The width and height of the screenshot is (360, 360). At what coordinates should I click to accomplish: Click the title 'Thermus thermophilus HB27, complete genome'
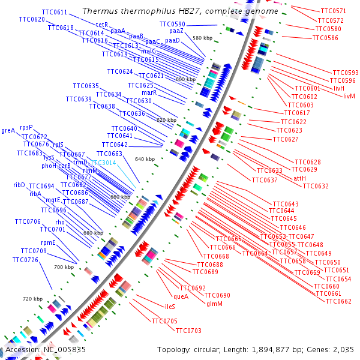(179, 11)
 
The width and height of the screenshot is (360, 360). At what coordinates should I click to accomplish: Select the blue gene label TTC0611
(55, 12)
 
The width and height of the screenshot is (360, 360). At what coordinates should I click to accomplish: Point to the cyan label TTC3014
(103, 163)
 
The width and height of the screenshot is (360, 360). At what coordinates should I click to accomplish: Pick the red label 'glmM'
(214, 304)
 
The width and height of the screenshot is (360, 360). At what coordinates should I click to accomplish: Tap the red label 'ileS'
(170, 307)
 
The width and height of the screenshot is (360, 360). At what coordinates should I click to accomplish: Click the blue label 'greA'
(8, 130)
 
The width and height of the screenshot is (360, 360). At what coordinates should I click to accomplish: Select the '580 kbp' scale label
(202, 38)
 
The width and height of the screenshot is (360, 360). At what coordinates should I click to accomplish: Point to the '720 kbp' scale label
(33, 298)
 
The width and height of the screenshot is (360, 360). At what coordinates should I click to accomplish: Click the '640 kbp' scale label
(145, 159)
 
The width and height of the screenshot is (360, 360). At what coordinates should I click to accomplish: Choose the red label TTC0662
(338, 301)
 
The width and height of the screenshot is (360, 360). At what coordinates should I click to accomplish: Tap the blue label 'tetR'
(102, 25)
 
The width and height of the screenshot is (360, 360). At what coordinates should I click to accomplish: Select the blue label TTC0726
(25, 260)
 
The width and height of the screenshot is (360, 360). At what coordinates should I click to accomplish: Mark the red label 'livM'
(349, 96)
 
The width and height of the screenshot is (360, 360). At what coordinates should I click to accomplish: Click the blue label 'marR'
(149, 92)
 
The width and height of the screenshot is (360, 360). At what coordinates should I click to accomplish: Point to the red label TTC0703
(188, 331)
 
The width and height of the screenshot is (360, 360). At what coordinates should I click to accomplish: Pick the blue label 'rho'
(60, 222)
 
